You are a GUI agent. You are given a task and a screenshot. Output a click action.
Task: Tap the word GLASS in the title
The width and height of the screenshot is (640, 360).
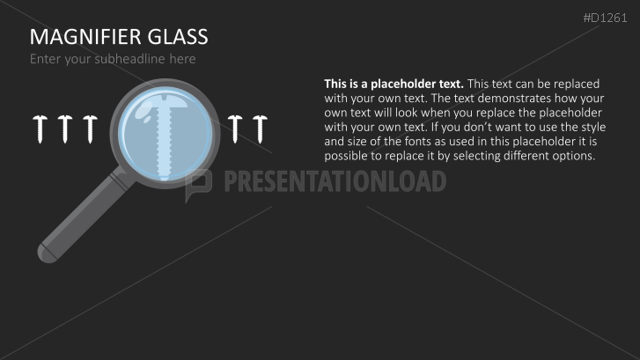(179, 36)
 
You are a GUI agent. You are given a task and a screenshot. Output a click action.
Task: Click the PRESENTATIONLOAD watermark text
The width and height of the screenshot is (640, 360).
(335, 182)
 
